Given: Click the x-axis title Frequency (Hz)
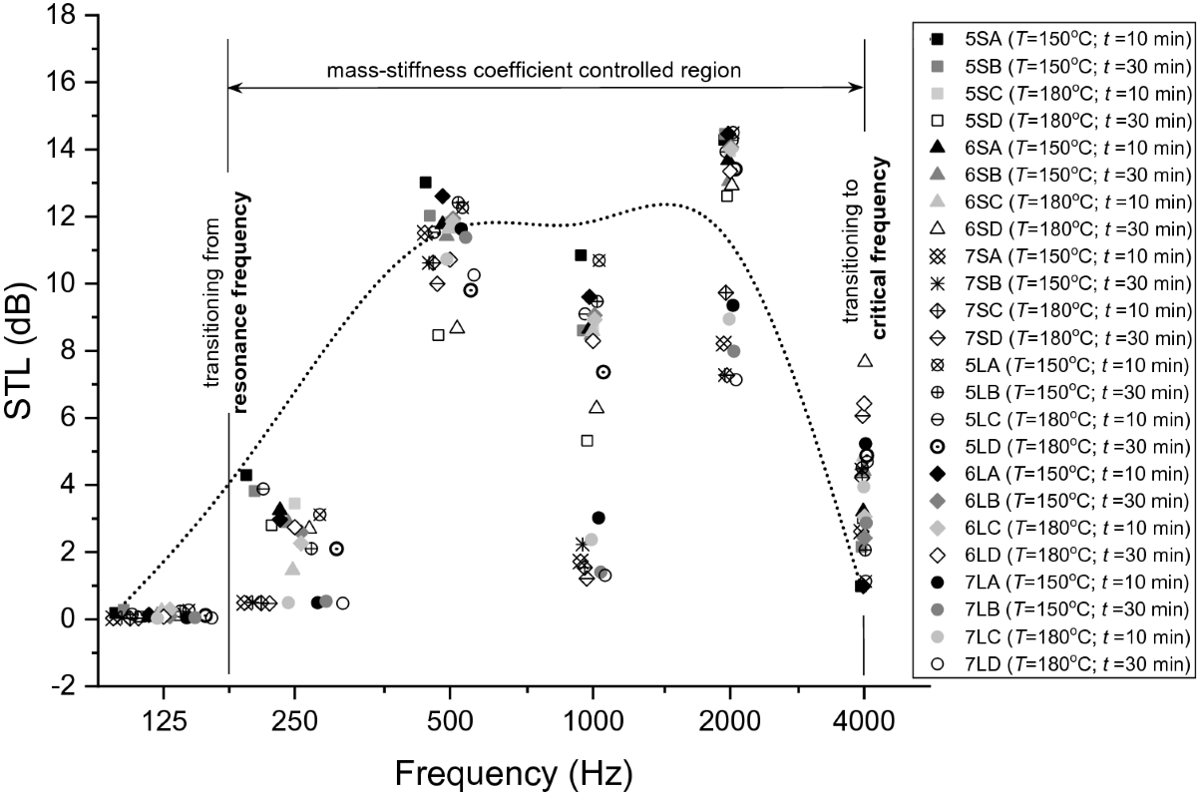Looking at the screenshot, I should point(514,771).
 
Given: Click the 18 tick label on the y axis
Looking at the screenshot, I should point(62,15).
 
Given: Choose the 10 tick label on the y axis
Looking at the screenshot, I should point(62,283).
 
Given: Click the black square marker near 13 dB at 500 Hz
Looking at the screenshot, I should point(425,182).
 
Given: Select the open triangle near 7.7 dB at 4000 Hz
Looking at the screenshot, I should point(865,360).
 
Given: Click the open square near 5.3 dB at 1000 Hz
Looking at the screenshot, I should point(587,440).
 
